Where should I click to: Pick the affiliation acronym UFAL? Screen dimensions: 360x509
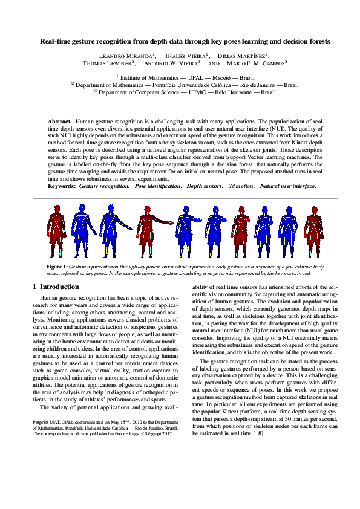click(188, 78)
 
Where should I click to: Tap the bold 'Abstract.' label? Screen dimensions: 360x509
click(60, 122)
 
